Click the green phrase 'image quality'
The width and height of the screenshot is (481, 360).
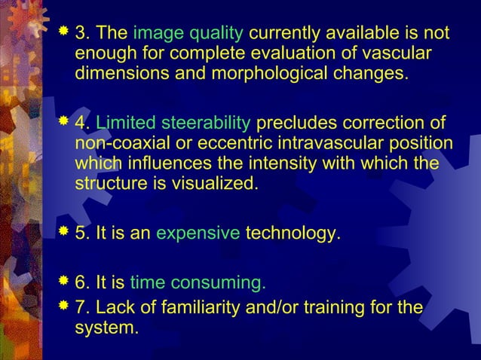188,34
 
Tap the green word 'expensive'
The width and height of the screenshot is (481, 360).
198,234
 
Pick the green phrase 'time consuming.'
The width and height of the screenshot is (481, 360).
198,283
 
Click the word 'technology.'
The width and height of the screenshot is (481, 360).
293,234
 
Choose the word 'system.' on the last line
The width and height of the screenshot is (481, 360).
106,328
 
